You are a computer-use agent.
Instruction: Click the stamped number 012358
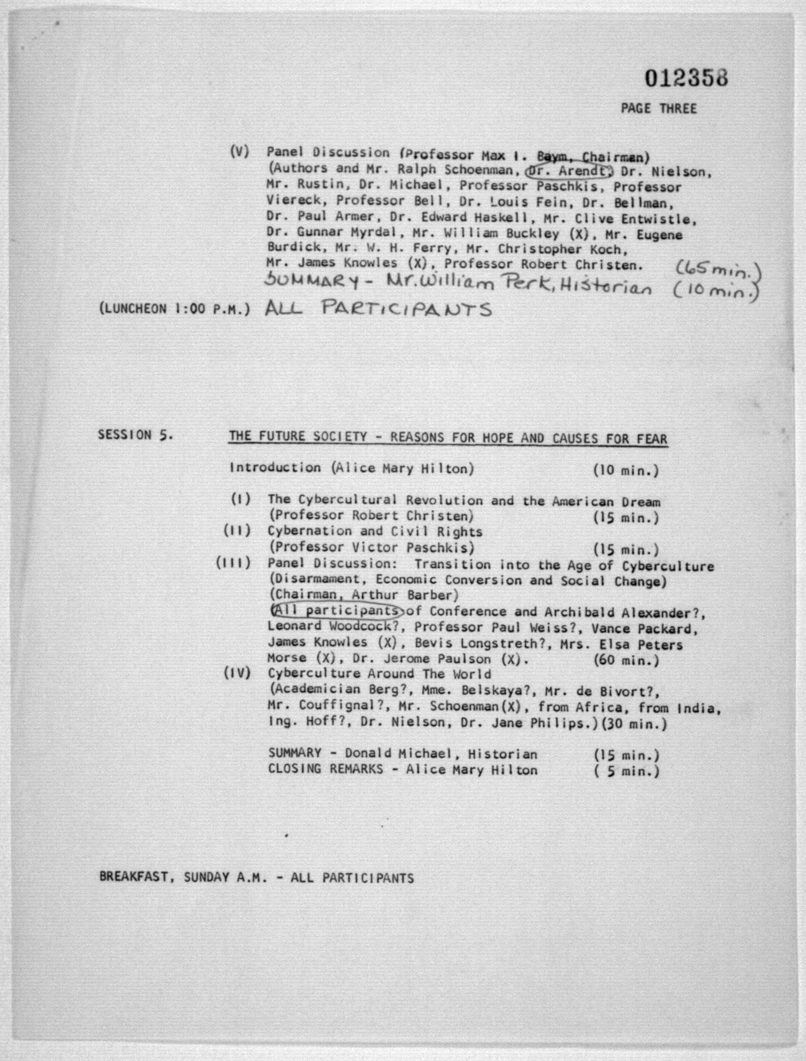(x=686, y=78)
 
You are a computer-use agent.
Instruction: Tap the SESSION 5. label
(x=135, y=435)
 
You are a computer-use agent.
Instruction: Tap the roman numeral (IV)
(x=237, y=673)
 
